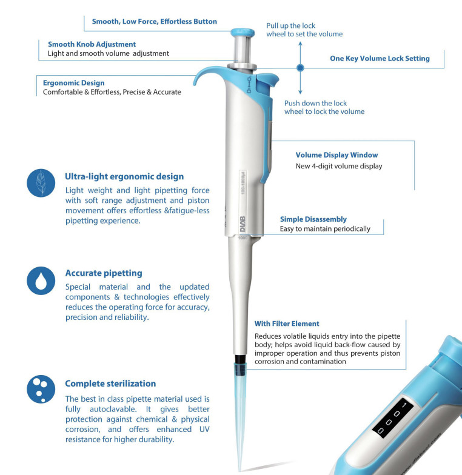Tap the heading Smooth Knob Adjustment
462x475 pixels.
(x=92, y=44)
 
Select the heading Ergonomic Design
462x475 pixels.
(x=74, y=83)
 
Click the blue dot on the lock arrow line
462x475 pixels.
(x=300, y=68)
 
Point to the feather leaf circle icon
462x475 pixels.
(x=41, y=183)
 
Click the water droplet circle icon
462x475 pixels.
(x=41, y=281)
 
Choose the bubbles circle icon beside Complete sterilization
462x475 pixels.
(x=41, y=389)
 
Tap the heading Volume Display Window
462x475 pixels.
(x=337, y=155)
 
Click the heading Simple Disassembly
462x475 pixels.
(x=313, y=219)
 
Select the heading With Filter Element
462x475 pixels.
(x=287, y=324)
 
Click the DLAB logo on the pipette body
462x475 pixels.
(x=243, y=224)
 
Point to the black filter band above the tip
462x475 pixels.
(x=240, y=359)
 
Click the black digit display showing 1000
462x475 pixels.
(x=393, y=418)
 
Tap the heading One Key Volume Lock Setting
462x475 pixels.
(x=380, y=58)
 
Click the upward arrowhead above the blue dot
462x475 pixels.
(x=300, y=44)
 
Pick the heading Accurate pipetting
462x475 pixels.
(x=104, y=273)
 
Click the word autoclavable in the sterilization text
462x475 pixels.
(x=113, y=410)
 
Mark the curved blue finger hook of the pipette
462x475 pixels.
(x=209, y=71)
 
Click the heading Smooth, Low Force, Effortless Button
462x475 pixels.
(x=154, y=22)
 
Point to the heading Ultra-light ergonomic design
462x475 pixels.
(x=124, y=177)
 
